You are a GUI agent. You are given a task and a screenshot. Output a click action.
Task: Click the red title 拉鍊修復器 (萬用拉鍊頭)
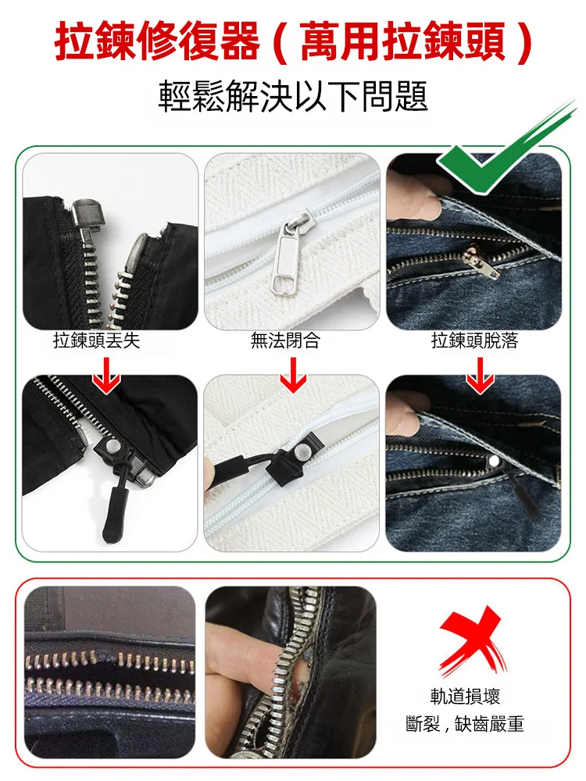[293, 43]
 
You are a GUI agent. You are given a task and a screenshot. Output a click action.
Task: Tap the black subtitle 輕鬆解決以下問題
[293, 98]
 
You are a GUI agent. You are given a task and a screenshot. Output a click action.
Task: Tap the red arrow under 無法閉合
[293, 374]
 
